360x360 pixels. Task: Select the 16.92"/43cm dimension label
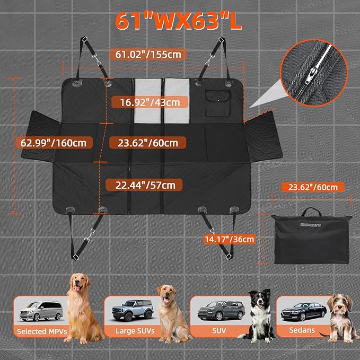pos(149,102)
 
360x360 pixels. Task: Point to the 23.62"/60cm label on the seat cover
pos(147,143)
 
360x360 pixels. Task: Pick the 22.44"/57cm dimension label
pos(144,185)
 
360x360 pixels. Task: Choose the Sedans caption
pos(302,330)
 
